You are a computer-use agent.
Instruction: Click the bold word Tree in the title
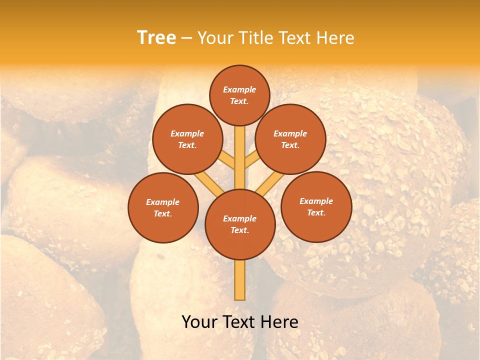156,37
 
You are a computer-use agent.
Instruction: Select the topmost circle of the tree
239,95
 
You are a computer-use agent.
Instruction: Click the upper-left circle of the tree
187,139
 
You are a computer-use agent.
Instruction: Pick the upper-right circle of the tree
290,139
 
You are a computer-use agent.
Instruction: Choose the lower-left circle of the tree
163,207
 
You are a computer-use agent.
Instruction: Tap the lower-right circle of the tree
316,206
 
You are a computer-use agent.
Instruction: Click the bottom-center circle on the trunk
240,224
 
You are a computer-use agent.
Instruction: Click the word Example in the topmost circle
239,89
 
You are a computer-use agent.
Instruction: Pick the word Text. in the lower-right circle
316,212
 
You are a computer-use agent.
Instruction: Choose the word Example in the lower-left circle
163,202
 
